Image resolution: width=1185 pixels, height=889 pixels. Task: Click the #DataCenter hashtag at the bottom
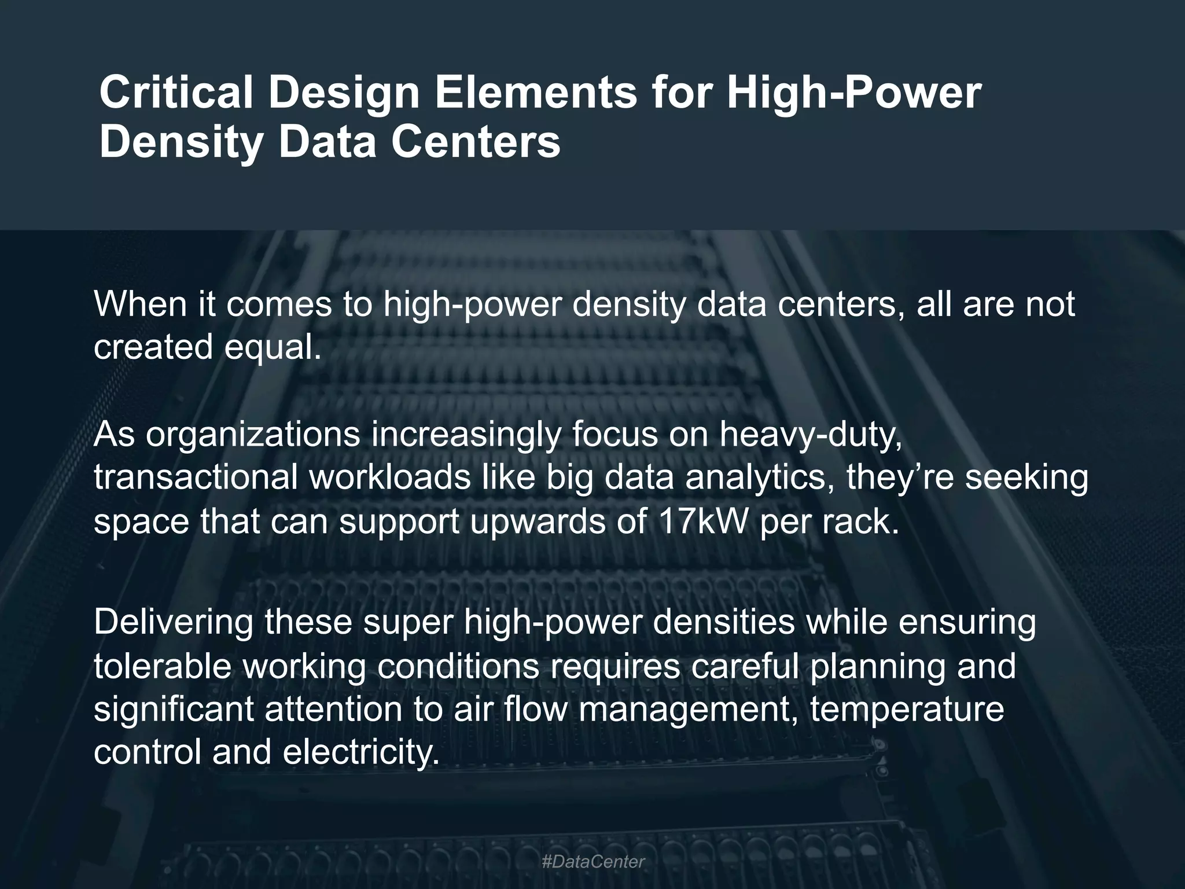tap(592, 862)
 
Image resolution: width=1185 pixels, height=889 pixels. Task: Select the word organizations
tap(252, 434)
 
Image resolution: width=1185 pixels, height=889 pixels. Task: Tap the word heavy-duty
tap(810, 435)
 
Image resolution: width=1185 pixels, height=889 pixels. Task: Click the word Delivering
tap(174, 622)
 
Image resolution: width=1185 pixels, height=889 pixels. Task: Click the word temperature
tap(906, 710)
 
